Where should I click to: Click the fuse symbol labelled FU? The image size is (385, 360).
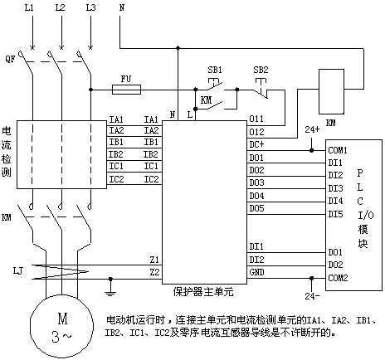126,90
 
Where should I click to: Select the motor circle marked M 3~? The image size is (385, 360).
61,326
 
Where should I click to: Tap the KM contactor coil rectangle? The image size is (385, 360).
331,91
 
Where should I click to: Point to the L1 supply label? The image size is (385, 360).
29,7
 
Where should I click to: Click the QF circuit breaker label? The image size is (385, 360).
10,59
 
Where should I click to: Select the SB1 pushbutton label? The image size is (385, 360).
215,70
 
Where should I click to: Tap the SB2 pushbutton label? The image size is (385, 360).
261,70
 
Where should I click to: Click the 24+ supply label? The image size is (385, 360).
312,129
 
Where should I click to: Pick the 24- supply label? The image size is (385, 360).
312,296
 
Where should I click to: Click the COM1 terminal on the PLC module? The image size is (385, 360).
338,150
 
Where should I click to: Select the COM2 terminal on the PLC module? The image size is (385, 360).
338,278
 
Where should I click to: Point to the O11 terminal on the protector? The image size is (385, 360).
256,119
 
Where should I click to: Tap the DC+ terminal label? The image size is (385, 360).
256,144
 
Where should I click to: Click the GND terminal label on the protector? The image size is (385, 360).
256,272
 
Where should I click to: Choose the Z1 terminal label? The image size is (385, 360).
154,260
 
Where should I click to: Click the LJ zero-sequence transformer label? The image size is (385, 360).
18,270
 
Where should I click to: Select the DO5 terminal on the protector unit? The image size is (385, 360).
256,208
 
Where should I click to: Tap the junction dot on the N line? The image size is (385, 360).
178,48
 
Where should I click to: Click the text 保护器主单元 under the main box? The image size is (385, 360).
203,292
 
